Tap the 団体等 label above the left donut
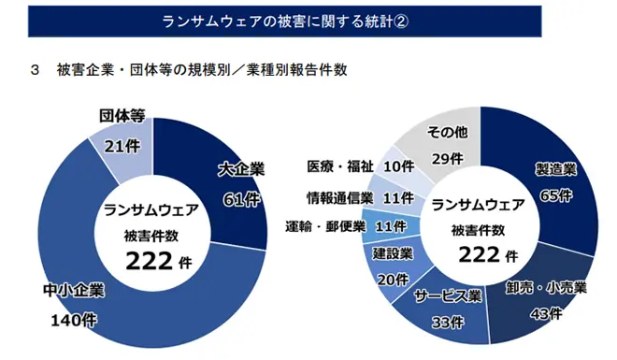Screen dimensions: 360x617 pos(122,116)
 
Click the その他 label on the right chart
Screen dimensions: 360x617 pos(446,130)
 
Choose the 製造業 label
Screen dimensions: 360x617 pos(554,169)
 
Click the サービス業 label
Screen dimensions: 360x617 pos(447,297)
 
